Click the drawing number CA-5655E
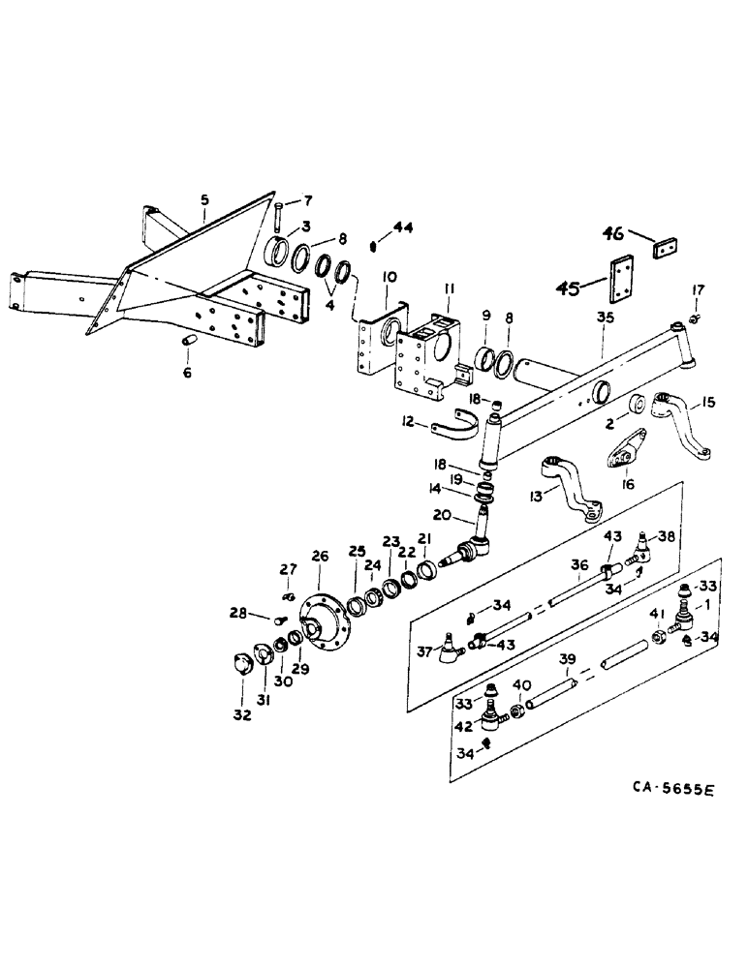pyautogui.click(x=668, y=791)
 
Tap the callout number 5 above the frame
pyautogui.click(x=204, y=200)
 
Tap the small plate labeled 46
pyautogui.click(x=663, y=248)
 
